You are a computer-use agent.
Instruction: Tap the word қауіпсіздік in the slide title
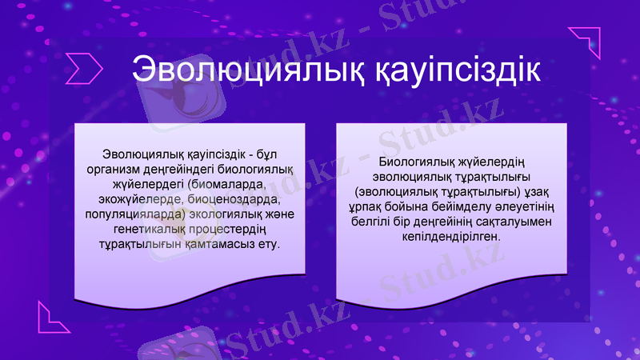tap(454, 68)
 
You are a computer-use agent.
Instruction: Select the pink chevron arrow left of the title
tap(83, 68)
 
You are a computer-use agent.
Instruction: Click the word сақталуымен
tap(518, 222)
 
